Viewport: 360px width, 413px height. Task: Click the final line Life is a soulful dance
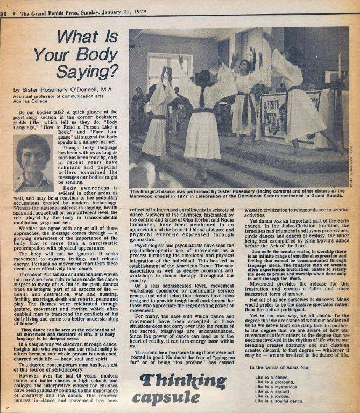coord(280,401)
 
